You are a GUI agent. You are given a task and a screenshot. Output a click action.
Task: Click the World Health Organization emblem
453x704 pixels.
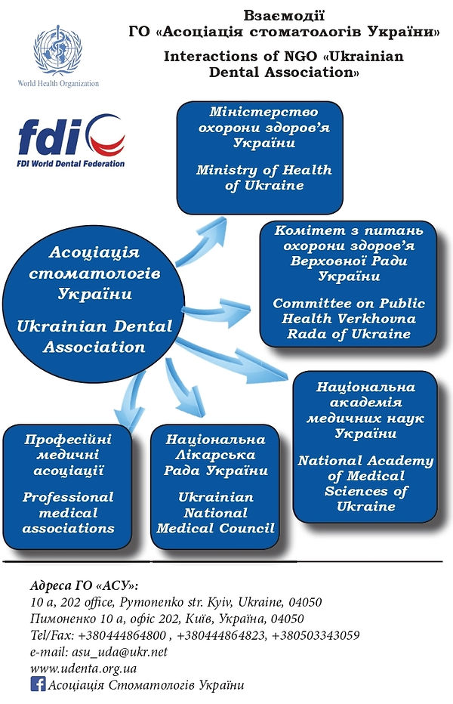click(x=57, y=52)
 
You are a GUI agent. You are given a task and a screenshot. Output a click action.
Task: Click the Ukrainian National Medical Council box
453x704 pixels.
click(x=216, y=483)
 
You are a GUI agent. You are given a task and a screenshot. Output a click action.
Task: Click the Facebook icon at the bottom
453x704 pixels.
click(x=37, y=684)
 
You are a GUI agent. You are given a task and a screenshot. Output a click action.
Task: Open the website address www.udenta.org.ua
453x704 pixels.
click(x=83, y=668)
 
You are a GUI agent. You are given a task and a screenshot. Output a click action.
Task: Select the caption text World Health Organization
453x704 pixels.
click(x=58, y=83)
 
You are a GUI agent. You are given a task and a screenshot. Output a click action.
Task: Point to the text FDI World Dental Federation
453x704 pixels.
click(x=72, y=162)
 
